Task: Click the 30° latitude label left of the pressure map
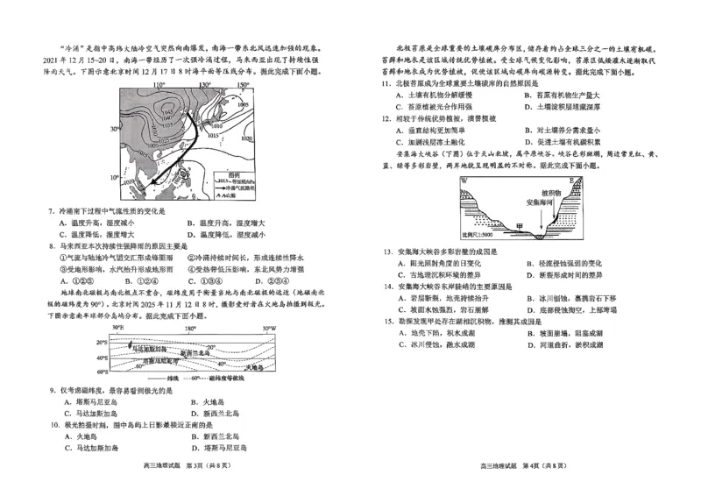point(114,128)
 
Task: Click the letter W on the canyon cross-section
point(464,181)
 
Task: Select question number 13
point(386,252)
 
